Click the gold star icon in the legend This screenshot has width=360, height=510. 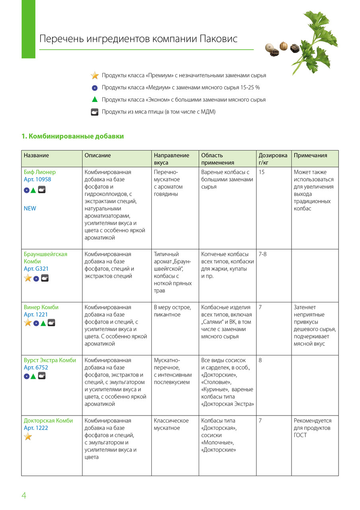click(x=94, y=75)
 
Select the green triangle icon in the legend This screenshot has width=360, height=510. click(x=94, y=100)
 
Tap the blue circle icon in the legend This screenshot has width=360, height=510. click(x=94, y=88)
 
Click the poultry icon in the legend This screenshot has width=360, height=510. click(x=94, y=112)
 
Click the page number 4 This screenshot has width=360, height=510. click(x=24, y=495)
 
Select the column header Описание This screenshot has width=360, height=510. click(x=98, y=155)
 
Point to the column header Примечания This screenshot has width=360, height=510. click(x=310, y=155)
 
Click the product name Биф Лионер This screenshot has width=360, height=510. click(x=40, y=172)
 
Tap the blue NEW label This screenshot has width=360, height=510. click(x=30, y=208)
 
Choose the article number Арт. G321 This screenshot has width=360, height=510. click(x=36, y=269)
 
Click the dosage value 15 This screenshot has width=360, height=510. click(x=262, y=172)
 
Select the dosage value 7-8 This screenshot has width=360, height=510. click(x=263, y=254)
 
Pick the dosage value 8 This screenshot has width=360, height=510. click(x=260, y=360)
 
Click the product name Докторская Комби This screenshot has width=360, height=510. click(x=48, y=420)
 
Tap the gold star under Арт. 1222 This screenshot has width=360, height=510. click(x=28, y=437)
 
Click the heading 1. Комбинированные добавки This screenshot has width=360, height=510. click(x=72, y=136)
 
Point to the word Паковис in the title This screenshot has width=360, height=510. click(x=218, y=39)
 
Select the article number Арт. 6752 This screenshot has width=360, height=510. click(x=36, y=367)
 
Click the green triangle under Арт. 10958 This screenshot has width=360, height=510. click(x=33, y=190)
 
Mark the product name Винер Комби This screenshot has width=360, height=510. click(x=41, y=307)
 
